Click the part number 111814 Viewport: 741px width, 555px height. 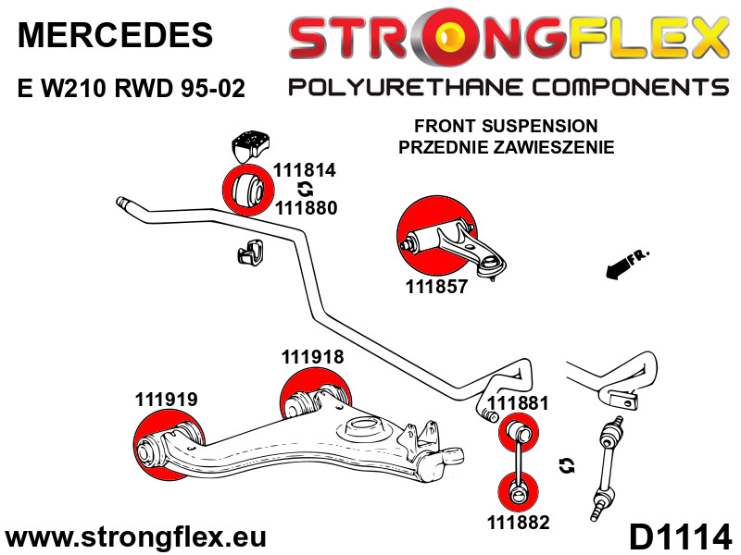pos(304,170)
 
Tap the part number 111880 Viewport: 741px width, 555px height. pos(306,207)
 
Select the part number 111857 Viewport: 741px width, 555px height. pos(436,287)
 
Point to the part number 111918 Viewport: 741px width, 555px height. pos(312,357)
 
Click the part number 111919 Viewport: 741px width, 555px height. pos(166,401)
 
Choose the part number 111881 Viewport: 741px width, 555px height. pos(518,403)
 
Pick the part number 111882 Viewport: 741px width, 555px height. pos(518,523)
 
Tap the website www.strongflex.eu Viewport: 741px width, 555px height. pos(136,536)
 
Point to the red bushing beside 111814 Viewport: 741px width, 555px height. pos(245,189)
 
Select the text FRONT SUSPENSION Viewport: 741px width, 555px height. pos(505,126)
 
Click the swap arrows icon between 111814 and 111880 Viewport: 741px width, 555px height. pos(304,189)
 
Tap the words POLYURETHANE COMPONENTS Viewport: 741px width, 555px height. pos(509,88)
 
